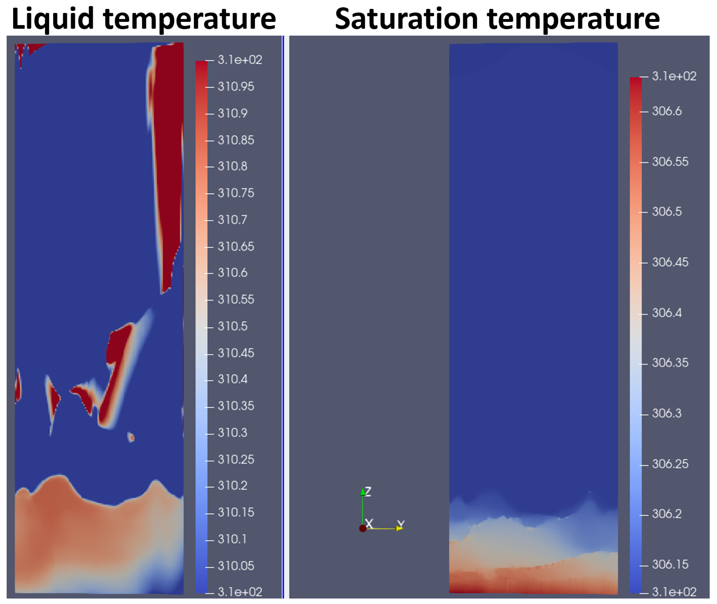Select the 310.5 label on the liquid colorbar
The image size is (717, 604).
(x=232, y=326)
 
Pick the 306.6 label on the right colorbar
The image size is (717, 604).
(x=666, y=111)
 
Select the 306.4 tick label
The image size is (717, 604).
(x=666, y=313)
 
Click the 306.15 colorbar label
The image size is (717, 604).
(x=670, y=564)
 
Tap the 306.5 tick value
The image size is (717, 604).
(x=666, y=212)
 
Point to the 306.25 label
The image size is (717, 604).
(x=670, y=464)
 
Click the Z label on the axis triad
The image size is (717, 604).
(x=368, y=492)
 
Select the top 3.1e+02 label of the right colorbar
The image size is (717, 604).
(x=674, y=76)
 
